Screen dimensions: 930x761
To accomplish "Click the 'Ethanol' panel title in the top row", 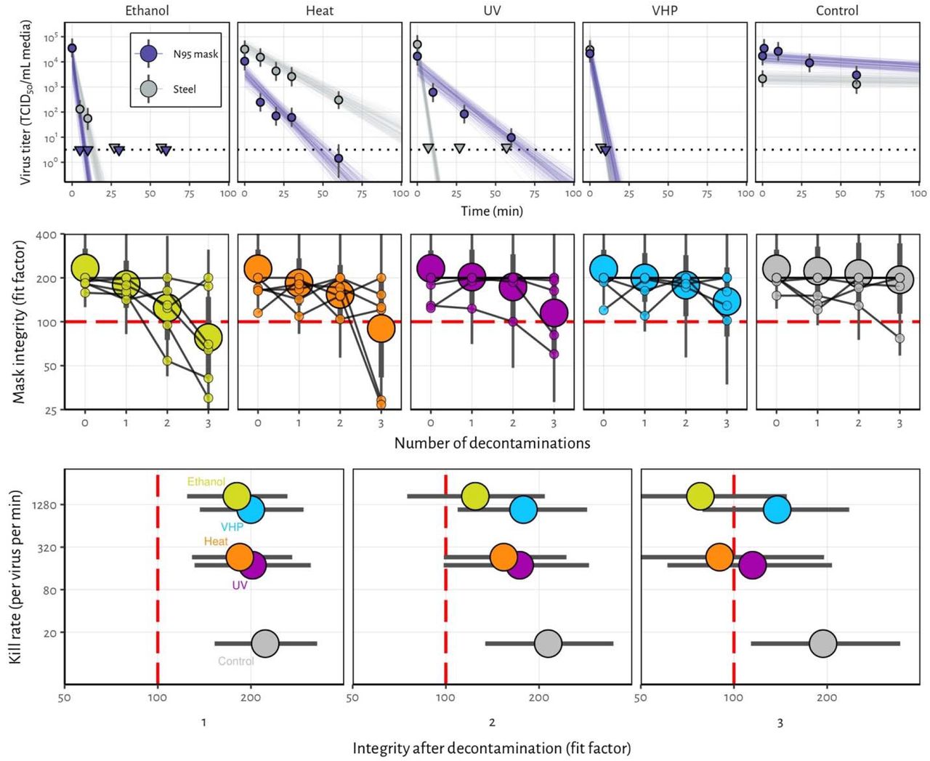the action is [147, 11].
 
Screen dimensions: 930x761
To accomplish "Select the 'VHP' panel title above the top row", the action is [665, 11].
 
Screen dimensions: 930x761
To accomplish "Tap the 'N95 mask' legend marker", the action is [148, 54].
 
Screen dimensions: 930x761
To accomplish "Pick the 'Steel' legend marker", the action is [148, 89].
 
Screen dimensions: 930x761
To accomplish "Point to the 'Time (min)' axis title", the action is [492, 211].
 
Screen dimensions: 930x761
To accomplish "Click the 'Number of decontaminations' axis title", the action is [492, 443].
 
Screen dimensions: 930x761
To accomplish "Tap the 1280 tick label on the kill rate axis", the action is [44, 504].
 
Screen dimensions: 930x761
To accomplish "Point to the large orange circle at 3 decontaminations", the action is [381, 329].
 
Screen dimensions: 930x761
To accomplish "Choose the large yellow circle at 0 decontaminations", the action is [85, 267].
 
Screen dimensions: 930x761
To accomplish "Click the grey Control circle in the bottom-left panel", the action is [265, 643].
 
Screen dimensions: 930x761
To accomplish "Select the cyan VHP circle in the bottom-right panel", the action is [777, 510].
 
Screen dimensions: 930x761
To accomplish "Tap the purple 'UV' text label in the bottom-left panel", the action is [240, 585].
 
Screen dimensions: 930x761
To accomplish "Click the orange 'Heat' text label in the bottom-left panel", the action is [216, 541].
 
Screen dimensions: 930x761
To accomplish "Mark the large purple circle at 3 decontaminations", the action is [554, 313].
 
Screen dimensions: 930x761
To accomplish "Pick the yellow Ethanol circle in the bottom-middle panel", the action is [475, 496].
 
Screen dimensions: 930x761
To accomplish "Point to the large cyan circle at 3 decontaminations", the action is [727, 302].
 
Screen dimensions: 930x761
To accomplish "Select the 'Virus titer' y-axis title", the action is [25, 102].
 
